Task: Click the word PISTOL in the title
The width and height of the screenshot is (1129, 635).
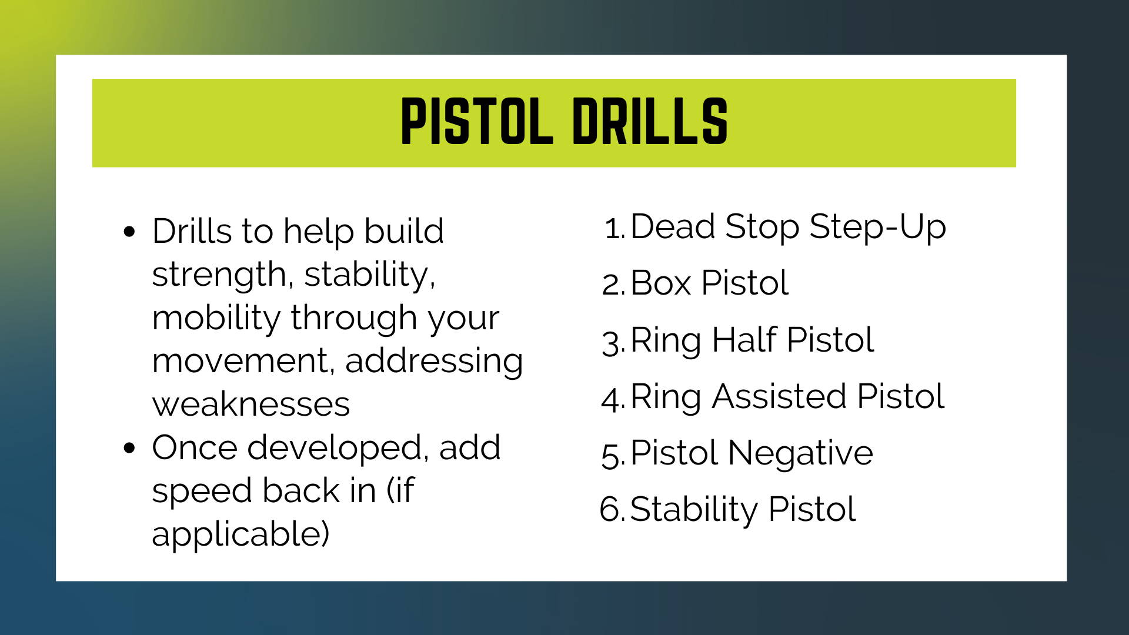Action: [x=477, y=122]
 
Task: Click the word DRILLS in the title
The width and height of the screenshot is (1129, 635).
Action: [x=650, y=122]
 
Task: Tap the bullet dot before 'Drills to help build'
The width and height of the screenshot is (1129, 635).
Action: [x=130, y=231]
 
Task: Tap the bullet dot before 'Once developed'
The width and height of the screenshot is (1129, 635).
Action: [x=130, y=448]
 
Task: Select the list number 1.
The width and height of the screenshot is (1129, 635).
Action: [x=614, y=228]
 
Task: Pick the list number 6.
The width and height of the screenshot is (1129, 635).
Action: [x=613, y=509]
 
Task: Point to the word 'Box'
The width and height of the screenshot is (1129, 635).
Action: [x=661, y=283]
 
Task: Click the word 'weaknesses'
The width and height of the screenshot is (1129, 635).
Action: [x=251, y=405]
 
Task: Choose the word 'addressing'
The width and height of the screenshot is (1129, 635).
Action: [x=434, y=362]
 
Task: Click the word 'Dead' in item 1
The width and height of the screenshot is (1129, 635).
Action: [x=673, y=227]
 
